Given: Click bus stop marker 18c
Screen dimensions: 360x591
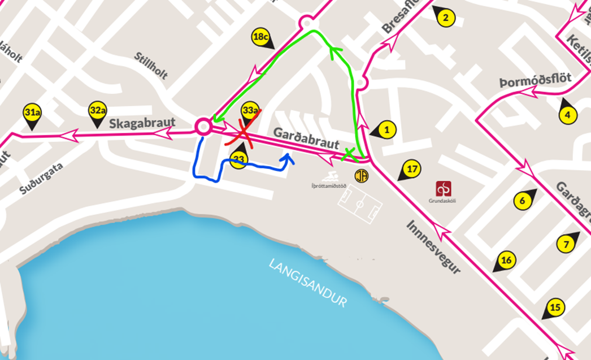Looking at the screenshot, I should coord(260,38).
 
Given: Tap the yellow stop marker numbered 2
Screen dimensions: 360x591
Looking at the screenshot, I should coord(445,18).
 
